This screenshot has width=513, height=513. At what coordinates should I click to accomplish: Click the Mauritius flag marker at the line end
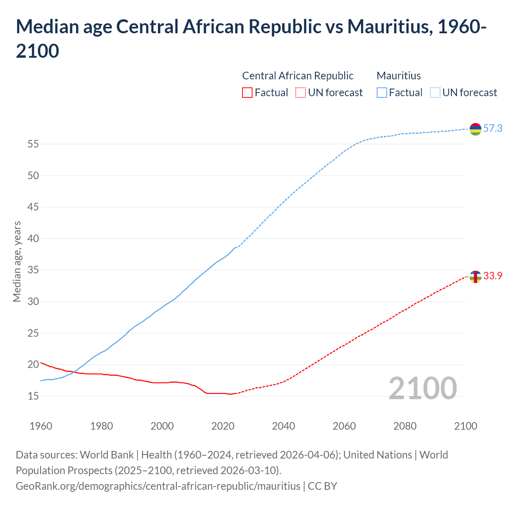(475, 129)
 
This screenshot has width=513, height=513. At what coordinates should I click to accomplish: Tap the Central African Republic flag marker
(475, 277)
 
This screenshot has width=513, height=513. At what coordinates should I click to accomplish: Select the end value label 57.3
(493, 129)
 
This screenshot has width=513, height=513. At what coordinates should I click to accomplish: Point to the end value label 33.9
(493, 276)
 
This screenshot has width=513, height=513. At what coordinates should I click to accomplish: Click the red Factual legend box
(247, 93)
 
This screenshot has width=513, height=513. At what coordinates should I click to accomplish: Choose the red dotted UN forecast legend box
(301, 93)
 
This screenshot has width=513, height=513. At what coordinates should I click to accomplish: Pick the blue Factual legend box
(382, 93)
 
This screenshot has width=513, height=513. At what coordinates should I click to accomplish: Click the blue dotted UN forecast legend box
(435, 93)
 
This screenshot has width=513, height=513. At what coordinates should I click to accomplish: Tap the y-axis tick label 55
(33, 144)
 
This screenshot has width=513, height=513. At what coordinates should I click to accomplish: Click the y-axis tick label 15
(33, 396)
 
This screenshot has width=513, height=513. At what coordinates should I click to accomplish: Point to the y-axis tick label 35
(33, 270)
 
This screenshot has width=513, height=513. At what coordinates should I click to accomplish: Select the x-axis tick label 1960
(41, 426)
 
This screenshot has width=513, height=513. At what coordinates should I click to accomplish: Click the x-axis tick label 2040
(283, 426)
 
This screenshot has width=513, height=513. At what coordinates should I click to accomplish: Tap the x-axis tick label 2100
(465, 426)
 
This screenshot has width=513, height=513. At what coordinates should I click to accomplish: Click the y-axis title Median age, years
(17, 261)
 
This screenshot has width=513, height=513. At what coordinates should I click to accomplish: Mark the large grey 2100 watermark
(422, 388)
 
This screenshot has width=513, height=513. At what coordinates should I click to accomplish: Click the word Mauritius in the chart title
(388, 27)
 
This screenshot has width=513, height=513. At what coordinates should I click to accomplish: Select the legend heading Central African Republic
(298, 76)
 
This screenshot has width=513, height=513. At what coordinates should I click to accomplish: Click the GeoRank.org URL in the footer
(158, 486)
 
